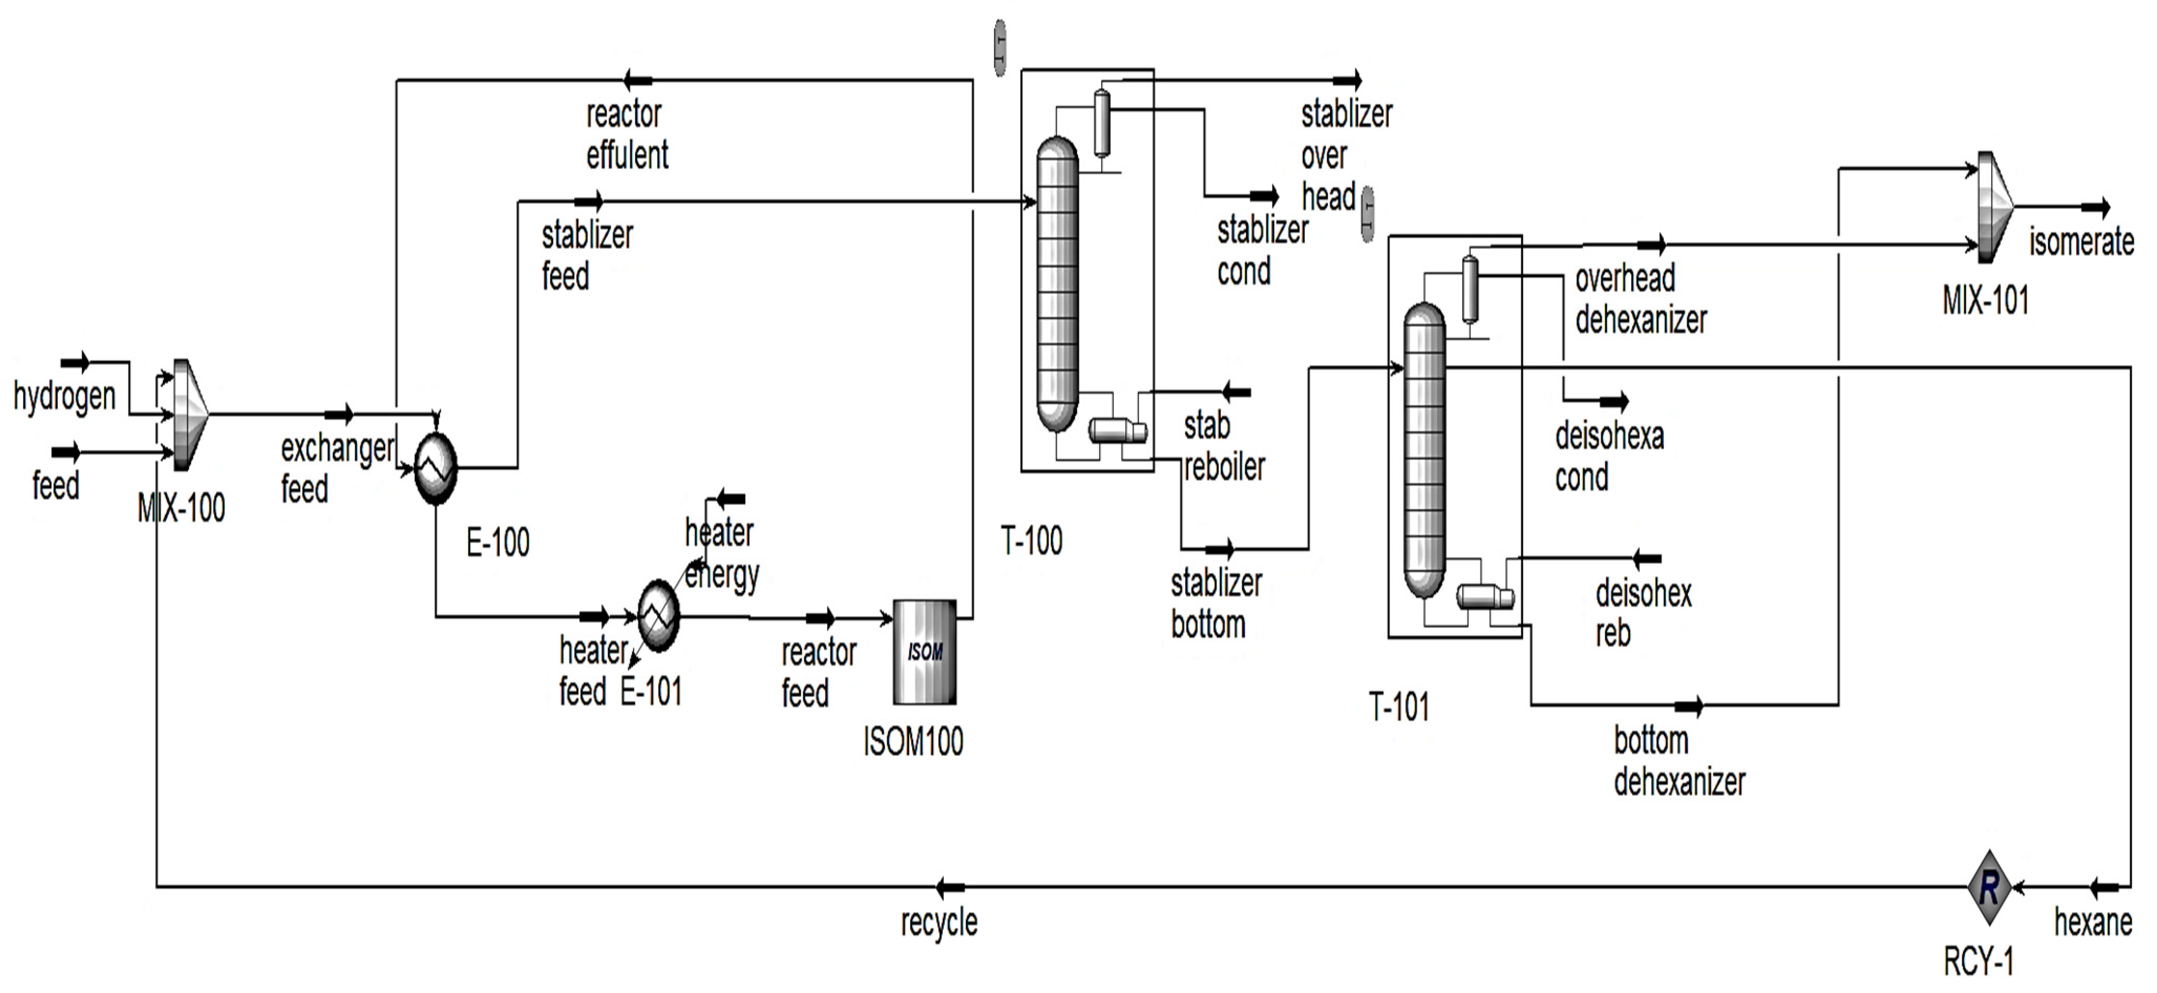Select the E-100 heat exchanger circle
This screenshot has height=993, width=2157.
(436, 468)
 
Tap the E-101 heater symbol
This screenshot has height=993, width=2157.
(659, 616)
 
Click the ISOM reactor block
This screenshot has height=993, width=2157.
(924, 651)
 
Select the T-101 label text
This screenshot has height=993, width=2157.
(1398, 707)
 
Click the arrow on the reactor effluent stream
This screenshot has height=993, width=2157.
(638, 80)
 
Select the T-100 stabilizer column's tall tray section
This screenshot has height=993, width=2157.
(1057, 284)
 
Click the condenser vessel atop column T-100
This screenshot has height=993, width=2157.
(1101, 123)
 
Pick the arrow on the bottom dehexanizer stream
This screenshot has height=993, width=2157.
(1688, 706)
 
